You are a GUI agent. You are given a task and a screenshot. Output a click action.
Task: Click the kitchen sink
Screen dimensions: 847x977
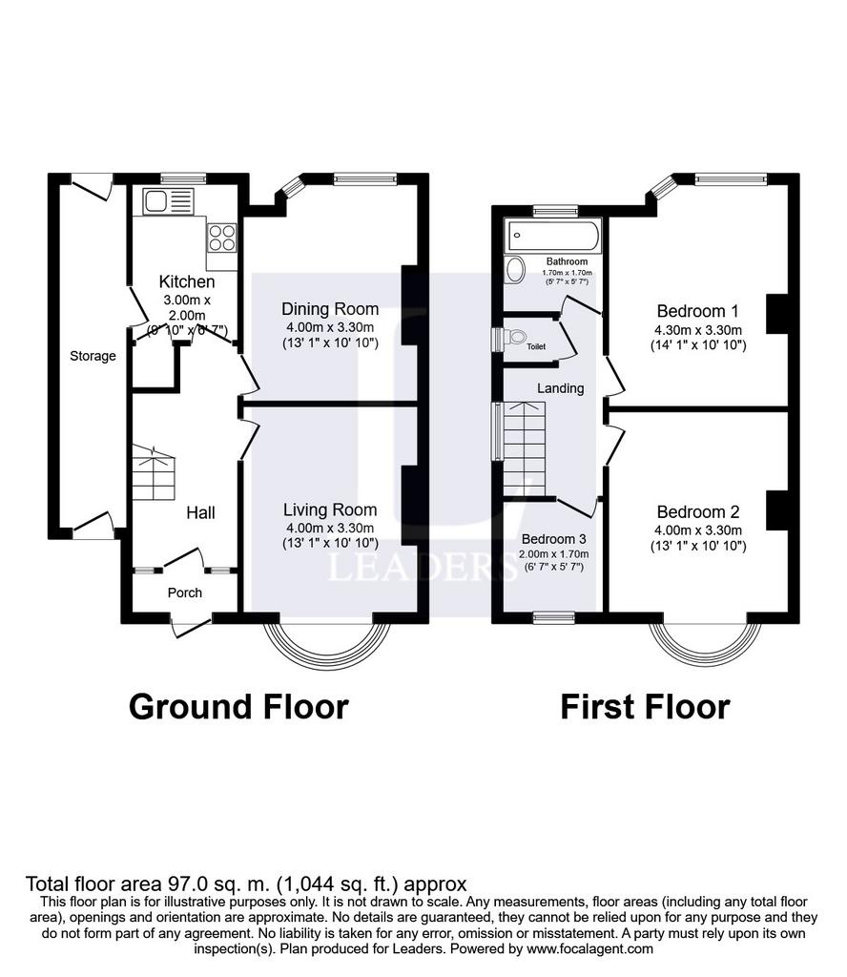pos(168,201)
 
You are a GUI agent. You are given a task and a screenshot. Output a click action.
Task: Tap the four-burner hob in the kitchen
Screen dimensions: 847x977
pos(222,238)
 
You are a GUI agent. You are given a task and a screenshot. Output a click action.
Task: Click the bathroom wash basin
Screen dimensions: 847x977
pos(516,269)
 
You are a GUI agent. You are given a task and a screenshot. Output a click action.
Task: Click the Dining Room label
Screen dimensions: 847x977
pos(330,309)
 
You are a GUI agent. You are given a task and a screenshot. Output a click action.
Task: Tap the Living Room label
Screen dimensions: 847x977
pos(330,509)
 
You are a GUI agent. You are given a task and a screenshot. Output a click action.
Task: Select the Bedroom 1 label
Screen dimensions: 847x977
pos(698,311)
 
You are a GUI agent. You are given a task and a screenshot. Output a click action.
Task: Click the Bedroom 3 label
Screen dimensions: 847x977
pos(553,539)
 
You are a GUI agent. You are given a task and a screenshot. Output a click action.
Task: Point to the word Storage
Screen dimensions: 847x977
pos(93,356)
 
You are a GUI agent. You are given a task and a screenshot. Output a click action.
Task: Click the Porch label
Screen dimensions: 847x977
pos(185,592)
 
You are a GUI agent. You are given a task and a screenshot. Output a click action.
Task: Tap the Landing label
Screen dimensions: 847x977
pos(561,388)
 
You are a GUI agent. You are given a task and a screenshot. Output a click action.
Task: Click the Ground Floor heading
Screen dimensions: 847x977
pos(238,707)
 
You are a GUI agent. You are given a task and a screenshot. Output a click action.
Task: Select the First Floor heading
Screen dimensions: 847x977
pos(645,707)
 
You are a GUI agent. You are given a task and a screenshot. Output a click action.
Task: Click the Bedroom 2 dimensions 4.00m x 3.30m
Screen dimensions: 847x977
pos(698,530)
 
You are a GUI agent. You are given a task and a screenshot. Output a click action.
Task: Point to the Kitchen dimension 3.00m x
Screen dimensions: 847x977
pos(187,300)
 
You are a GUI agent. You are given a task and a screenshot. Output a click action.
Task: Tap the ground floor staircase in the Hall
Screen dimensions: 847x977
pos(154,472)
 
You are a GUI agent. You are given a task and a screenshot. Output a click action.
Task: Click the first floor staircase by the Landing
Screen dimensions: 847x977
pos(525,449)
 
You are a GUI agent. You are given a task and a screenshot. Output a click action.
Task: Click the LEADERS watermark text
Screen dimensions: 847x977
pos(423,567)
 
